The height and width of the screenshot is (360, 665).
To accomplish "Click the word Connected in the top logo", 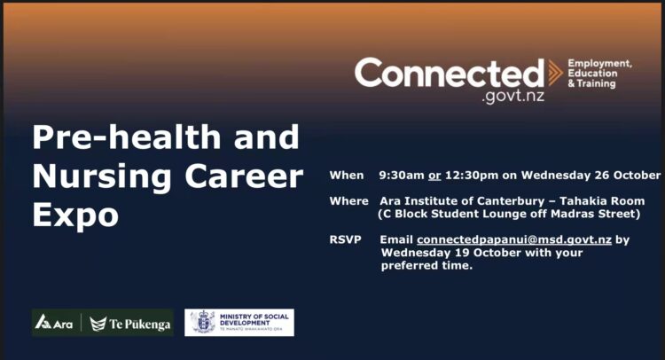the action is point(450,73).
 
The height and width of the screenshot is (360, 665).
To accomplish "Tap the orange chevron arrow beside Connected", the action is point(555,73).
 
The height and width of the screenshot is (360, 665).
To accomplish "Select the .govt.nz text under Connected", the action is point(512,97).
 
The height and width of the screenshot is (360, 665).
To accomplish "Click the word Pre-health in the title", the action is point(127,137).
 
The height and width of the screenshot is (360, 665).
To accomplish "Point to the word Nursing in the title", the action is point(102,177).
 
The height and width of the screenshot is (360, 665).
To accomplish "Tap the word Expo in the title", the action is point(75,215).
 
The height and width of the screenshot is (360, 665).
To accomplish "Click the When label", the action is point(347,176).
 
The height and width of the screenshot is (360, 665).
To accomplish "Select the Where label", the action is point(348,200).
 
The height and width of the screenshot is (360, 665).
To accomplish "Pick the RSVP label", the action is point(345,239).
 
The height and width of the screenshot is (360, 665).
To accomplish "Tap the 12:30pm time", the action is point(472,176).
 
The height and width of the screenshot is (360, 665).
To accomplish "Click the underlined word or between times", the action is point(434,176).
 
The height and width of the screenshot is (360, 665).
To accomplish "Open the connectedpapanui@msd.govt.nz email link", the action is point(514,240).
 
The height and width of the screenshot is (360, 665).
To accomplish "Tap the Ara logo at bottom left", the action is point(54,323).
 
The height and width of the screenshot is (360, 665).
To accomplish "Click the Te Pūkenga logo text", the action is point(130,325).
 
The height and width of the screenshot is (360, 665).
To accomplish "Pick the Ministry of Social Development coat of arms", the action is point(203,322).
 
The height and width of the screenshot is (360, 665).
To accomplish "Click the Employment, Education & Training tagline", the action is point(599,74).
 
